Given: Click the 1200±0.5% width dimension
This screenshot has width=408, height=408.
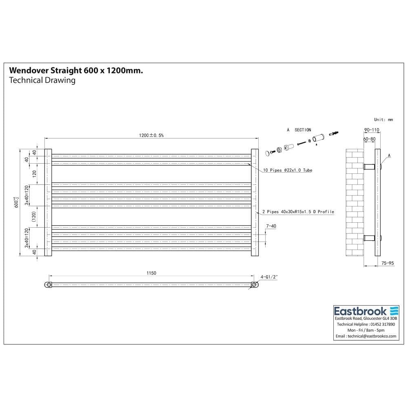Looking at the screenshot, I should coord(151,135).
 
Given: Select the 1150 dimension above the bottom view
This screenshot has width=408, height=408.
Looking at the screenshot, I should coord(151,273).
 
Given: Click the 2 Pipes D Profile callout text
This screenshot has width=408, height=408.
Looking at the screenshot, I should coord(298,212).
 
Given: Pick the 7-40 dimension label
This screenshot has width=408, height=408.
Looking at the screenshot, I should coord(271,226).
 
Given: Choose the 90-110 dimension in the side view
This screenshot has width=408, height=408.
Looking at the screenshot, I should coord(371,130).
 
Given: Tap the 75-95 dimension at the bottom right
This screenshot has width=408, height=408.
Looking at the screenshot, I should coord(387,264).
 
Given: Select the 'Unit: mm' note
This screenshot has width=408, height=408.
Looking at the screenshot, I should coord(383,120).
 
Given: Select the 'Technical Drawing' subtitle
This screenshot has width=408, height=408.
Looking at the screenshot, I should coord(42,80).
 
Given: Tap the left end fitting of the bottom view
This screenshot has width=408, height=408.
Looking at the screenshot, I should coord(48,285).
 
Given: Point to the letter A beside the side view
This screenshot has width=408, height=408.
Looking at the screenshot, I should coord(389,155).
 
